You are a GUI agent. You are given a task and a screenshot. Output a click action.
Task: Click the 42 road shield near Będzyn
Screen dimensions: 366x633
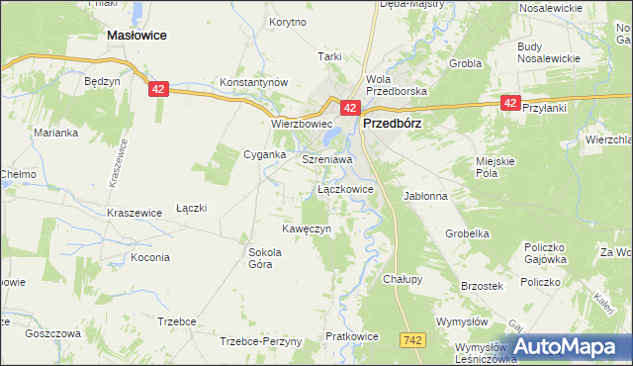160,89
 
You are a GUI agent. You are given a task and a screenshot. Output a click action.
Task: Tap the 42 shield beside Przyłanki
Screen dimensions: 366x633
510,102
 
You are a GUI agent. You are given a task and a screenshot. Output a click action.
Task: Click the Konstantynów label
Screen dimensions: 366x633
252,81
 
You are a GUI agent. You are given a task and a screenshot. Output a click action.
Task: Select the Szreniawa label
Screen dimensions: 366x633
327,158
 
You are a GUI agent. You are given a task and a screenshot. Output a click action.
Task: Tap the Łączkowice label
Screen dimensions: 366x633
345,188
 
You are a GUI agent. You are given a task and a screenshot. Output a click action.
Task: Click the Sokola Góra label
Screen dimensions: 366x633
265,258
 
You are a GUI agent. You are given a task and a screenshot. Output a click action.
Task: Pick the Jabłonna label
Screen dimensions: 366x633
425,196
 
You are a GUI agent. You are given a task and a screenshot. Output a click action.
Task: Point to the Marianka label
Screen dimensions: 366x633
54,133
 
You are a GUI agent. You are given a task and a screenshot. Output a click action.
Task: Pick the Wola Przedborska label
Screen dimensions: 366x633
394,85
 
